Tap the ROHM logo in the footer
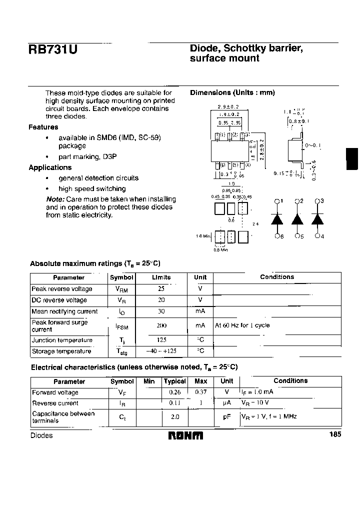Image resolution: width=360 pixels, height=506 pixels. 185,435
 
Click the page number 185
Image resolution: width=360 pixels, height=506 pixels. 335,434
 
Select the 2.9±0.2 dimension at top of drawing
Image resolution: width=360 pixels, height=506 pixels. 228,107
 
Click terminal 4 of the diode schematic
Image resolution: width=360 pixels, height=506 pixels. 317,236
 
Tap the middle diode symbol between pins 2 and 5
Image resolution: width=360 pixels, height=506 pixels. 297,219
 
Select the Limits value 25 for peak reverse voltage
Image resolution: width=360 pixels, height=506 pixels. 161,289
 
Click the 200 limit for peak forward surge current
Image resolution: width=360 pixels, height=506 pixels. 161,325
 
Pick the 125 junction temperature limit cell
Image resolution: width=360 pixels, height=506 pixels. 161,340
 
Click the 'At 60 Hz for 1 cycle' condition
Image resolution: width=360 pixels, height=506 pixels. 242,325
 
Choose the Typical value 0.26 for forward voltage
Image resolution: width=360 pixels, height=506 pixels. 175,392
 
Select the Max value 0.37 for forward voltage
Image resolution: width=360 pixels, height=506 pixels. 201,392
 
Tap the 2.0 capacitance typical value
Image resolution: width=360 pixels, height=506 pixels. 175,416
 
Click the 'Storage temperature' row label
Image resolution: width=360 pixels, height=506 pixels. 61,351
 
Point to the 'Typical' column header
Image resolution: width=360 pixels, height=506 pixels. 175,381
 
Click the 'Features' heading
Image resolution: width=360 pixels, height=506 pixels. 43,127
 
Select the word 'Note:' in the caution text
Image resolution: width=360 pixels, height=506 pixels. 55,199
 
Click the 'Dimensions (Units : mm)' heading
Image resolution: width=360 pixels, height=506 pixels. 232,92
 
